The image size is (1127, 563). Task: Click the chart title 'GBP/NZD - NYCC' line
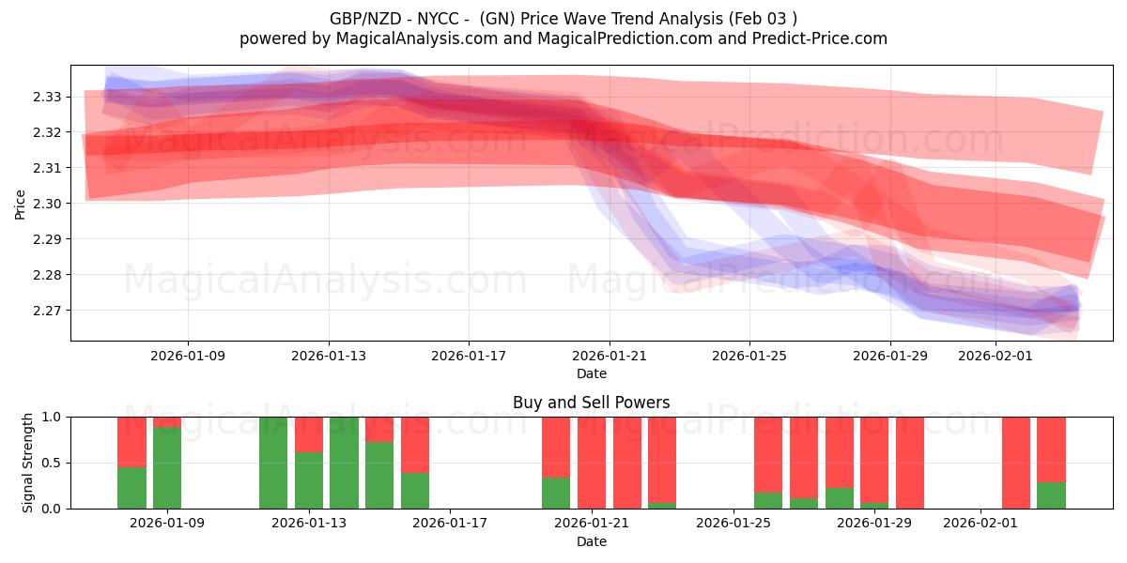563,18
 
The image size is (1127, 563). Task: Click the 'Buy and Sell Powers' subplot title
591,403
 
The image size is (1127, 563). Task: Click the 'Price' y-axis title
21,204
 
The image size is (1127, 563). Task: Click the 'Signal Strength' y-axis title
28,463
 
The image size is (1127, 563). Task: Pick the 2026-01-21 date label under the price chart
610,356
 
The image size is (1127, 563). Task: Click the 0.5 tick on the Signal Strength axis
53,463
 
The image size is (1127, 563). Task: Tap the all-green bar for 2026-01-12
273,463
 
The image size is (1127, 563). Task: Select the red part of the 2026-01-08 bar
131,441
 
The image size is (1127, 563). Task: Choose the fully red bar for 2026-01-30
909,463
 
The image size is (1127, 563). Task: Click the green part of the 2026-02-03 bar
1051,495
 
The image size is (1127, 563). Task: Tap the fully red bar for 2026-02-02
1015,463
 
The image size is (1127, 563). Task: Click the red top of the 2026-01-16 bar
415,444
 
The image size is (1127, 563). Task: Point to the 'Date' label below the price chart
591,373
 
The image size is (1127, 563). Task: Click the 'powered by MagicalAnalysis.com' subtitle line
563,38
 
